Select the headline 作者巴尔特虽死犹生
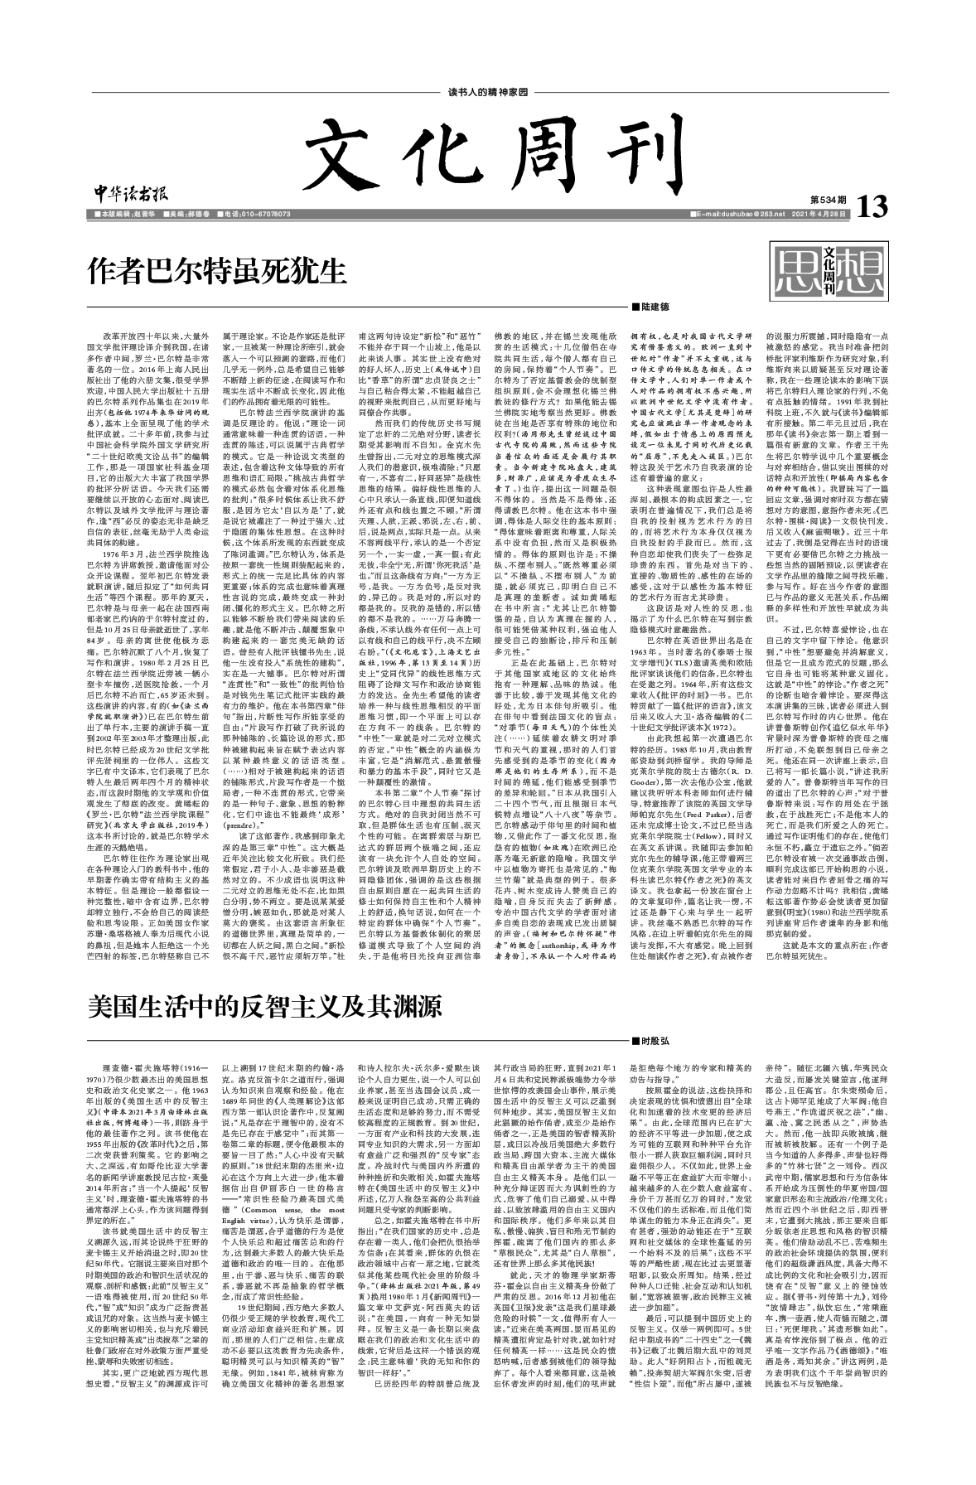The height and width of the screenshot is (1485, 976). coord(216,269)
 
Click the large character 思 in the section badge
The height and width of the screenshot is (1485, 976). coord(797,266)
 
